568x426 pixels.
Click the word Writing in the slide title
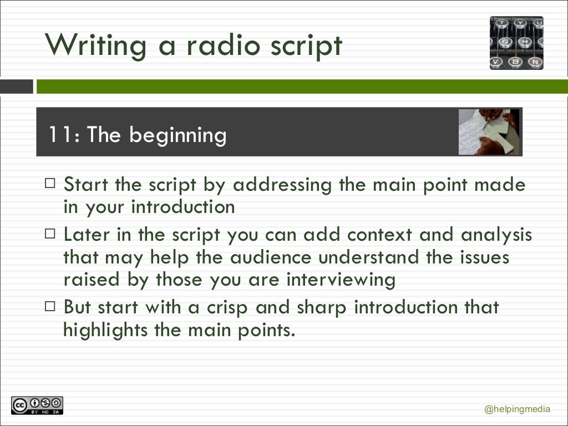pos(96,45)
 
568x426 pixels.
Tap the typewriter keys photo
pos(516,43)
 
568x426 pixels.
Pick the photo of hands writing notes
pos(488,132)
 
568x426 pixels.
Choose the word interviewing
pos(341,280)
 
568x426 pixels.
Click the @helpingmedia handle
pos(517,410)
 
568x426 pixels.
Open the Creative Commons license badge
pos(37,405)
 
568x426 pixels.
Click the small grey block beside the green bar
pos(17,87)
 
